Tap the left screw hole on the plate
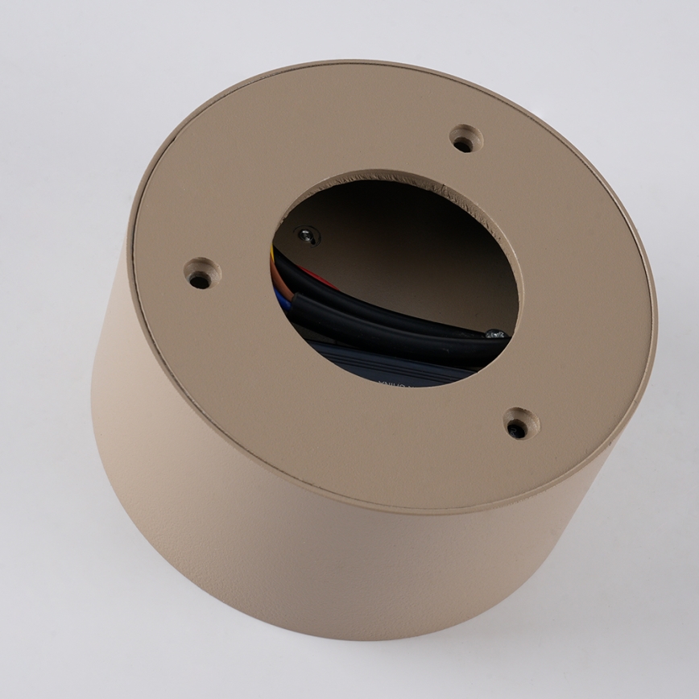(199, 279)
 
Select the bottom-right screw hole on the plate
(519, 428)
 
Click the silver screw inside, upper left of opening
(306, 235)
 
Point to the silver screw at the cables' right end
(497, 333)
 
